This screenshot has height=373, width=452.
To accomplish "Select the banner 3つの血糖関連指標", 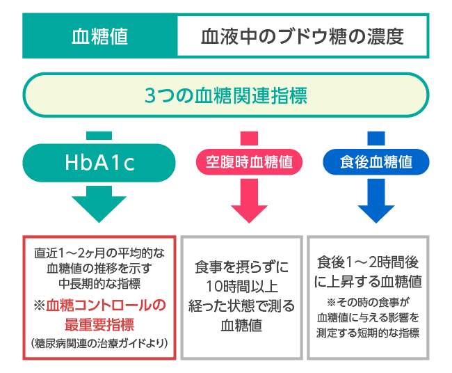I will [x=226, y=95].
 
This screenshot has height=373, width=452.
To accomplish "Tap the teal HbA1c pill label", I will [x=99, y=163].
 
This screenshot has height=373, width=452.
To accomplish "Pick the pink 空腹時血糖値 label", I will [x=249, y=163].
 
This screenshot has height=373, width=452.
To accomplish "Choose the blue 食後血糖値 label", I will [x=376, y=163].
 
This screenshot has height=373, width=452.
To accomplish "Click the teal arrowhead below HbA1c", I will [x=99, y=205].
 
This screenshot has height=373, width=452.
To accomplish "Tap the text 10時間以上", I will [x=242, y=287].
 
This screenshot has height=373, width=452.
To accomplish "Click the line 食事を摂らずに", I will [x=242, y=267].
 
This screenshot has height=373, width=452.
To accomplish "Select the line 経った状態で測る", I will [x=242, y=306].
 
